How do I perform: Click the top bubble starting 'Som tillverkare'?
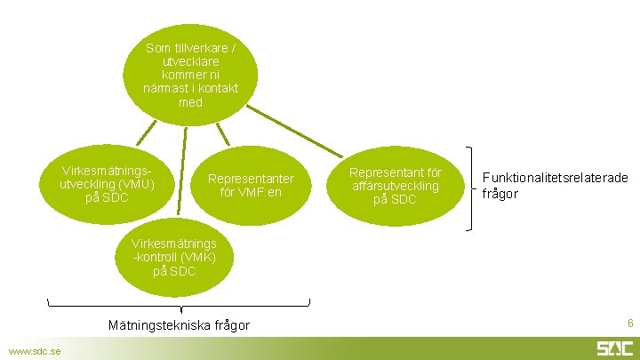(190, 75)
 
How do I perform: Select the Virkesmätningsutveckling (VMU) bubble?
(107, 183)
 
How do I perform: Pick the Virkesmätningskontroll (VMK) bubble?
(173, 256)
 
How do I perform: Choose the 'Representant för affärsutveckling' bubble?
(394, 185)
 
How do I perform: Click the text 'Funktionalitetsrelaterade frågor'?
(555, 186)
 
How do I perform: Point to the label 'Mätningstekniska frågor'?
(179, 325)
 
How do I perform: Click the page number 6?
(630, 324)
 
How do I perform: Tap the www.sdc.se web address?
(34, 351)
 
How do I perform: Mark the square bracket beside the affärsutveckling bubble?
(468, 189)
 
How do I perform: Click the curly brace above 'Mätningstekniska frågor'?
(179, 307)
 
